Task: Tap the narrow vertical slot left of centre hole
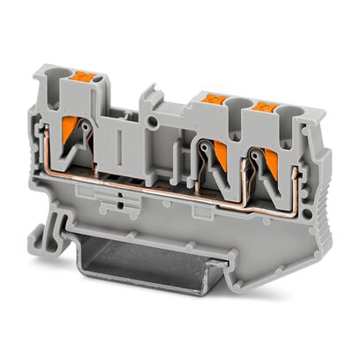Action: (x=117, y=140)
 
